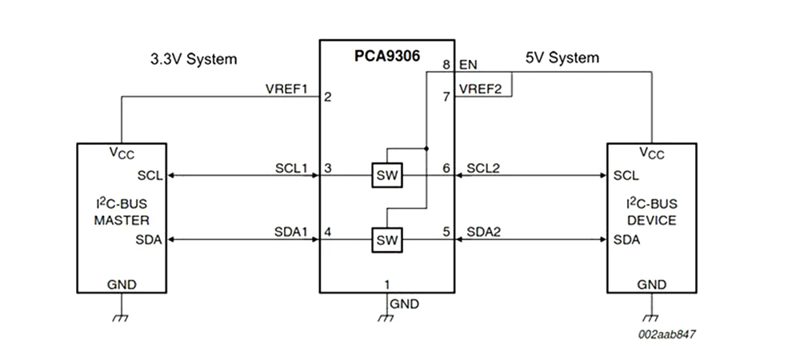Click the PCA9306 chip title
point(387,57)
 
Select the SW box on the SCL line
point(388,175)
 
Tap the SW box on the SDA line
point(388,239)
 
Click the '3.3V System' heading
point(194,59)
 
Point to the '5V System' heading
point(562,58)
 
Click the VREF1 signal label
point(286,89)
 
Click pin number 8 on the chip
point(446,64)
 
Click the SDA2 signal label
point(483,231)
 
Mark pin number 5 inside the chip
point(446,232)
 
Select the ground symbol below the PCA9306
point(386,318)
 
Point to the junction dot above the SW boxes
point(426,149)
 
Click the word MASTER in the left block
point(122,220)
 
